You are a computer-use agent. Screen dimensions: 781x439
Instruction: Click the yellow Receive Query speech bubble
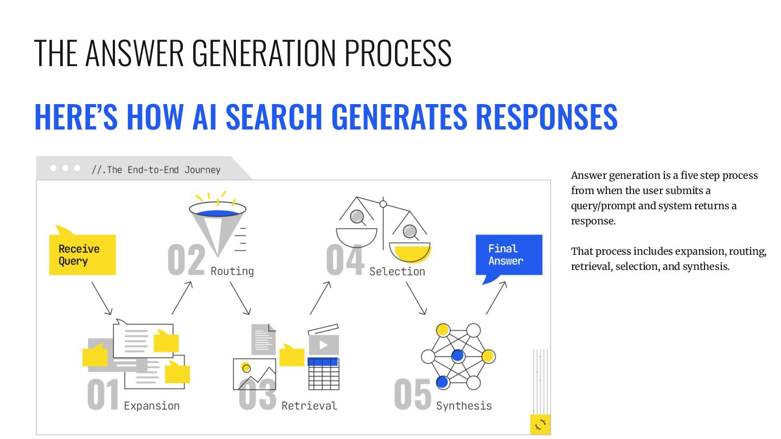pos(82,254)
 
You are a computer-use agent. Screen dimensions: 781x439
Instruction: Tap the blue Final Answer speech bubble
pos(508,255)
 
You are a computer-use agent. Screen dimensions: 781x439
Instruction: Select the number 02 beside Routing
pos(187,260)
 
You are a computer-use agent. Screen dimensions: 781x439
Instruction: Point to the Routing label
pos(232,271)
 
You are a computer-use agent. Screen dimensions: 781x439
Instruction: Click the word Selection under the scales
pos(397,272)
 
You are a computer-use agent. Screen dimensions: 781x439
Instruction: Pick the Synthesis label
pos(464,406)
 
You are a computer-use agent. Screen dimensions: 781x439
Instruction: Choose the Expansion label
pos(151,406)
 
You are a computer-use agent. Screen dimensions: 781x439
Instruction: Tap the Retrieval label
pos(309,406)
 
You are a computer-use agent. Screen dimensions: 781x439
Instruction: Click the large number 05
pos(413,395)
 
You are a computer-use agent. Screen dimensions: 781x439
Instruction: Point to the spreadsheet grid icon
pos(324,373)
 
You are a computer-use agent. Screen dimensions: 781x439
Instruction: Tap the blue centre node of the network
pos(458,356)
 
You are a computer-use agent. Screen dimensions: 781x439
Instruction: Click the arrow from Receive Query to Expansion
pos(101,298)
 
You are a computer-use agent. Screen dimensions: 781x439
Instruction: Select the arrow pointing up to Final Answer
pos(496,298)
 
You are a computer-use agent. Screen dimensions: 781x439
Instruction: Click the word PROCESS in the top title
pos(398,53)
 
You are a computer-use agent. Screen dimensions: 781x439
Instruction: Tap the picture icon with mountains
pos(254,374)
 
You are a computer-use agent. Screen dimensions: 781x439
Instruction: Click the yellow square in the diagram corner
pos(540,424)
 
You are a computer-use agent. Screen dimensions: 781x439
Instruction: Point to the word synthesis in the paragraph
pos(706,267)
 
